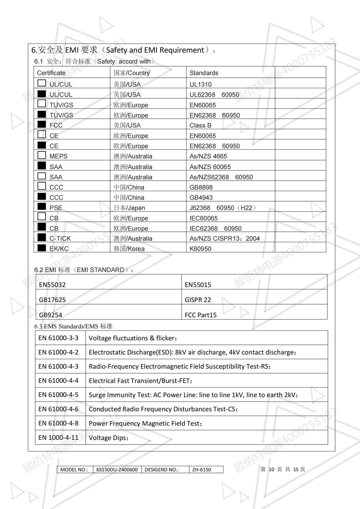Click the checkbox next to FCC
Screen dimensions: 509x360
[x=42, y=125]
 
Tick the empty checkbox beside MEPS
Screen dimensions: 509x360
[x=42, y=156]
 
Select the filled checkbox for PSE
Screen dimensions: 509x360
[x=42, y=207]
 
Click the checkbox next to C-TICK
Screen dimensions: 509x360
[x=42, y=238]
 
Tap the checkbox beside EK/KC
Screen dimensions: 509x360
[x=42, y=248]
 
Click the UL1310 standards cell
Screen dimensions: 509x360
[x=201, y=84]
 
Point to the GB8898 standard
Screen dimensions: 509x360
[x=201, y=187]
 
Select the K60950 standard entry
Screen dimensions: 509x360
[x=201, y=249]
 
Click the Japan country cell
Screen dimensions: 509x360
[x=129, y=208]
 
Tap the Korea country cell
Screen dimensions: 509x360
[x=129, y=249]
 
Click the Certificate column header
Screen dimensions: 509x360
[x=51, y=73]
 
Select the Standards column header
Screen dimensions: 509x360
[x=204, y=73]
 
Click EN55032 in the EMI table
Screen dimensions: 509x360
[x=52, y=285]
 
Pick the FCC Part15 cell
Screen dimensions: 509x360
[x=201, y=315]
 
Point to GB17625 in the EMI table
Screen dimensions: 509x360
[x=52, y=300]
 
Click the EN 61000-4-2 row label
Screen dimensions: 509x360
[x=58, y=352]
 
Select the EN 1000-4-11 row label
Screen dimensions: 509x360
[x=58, y=437]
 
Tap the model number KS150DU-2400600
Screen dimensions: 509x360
[x=117, y=469]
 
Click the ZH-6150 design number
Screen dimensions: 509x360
[x=202, y=469]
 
